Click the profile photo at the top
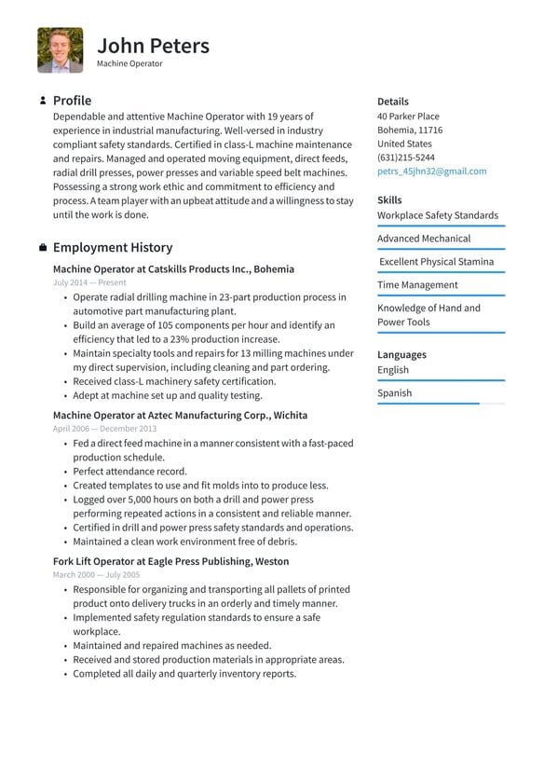(x=60, y=50)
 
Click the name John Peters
(x=153, y=46)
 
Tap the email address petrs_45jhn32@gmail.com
(x=431, y=172)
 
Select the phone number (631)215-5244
(x=405, y=158)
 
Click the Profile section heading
(x=72, y=101)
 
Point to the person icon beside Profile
(x=43, y=101)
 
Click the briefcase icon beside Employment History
(x=43, y=248)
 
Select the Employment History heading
(x=112, y=248)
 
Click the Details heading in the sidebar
(x=392, y=102)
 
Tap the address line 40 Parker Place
(x=408, y=117)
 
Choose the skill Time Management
(x=417, y=285)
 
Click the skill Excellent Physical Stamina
(x=436, y=262)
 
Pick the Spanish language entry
(x=394, y=393)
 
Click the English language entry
(x=393, y=370)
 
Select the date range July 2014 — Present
(x=89, y=282)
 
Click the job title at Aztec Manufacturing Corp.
(x=180, y=415)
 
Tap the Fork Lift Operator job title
(x=170, y=561)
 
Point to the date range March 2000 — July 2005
(x=96, y=575)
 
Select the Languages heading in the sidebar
(x=401, y=355)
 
